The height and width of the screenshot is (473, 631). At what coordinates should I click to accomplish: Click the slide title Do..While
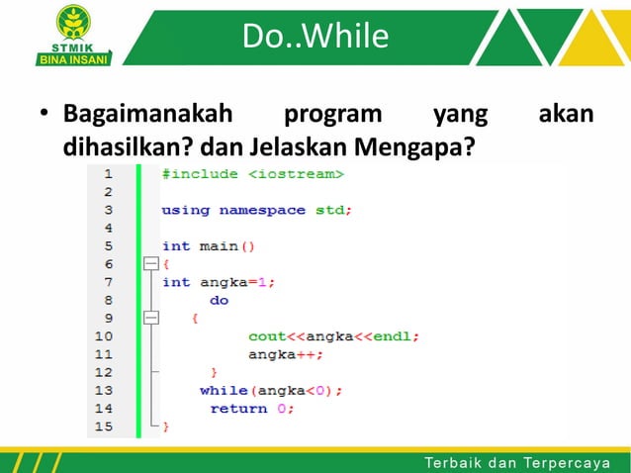[315, 37]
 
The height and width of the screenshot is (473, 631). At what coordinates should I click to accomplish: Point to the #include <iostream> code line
[253, 174]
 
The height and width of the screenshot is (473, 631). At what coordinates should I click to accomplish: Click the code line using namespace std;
[256, 210]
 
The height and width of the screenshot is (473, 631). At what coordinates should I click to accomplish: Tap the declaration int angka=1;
[219, 282]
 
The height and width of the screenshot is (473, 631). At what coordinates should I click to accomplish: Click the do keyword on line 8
[219, 300]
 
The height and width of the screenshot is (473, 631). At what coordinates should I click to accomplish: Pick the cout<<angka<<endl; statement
[333, 336]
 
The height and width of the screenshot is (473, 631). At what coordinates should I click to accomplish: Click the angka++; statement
[286, 354]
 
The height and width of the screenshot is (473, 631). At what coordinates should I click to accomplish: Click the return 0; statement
[251, 408]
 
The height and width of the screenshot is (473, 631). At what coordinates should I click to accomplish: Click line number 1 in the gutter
[106, 174]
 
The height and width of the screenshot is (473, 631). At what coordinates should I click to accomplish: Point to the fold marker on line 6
[150, 264]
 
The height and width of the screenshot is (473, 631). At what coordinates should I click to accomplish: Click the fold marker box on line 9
[150, 318]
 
